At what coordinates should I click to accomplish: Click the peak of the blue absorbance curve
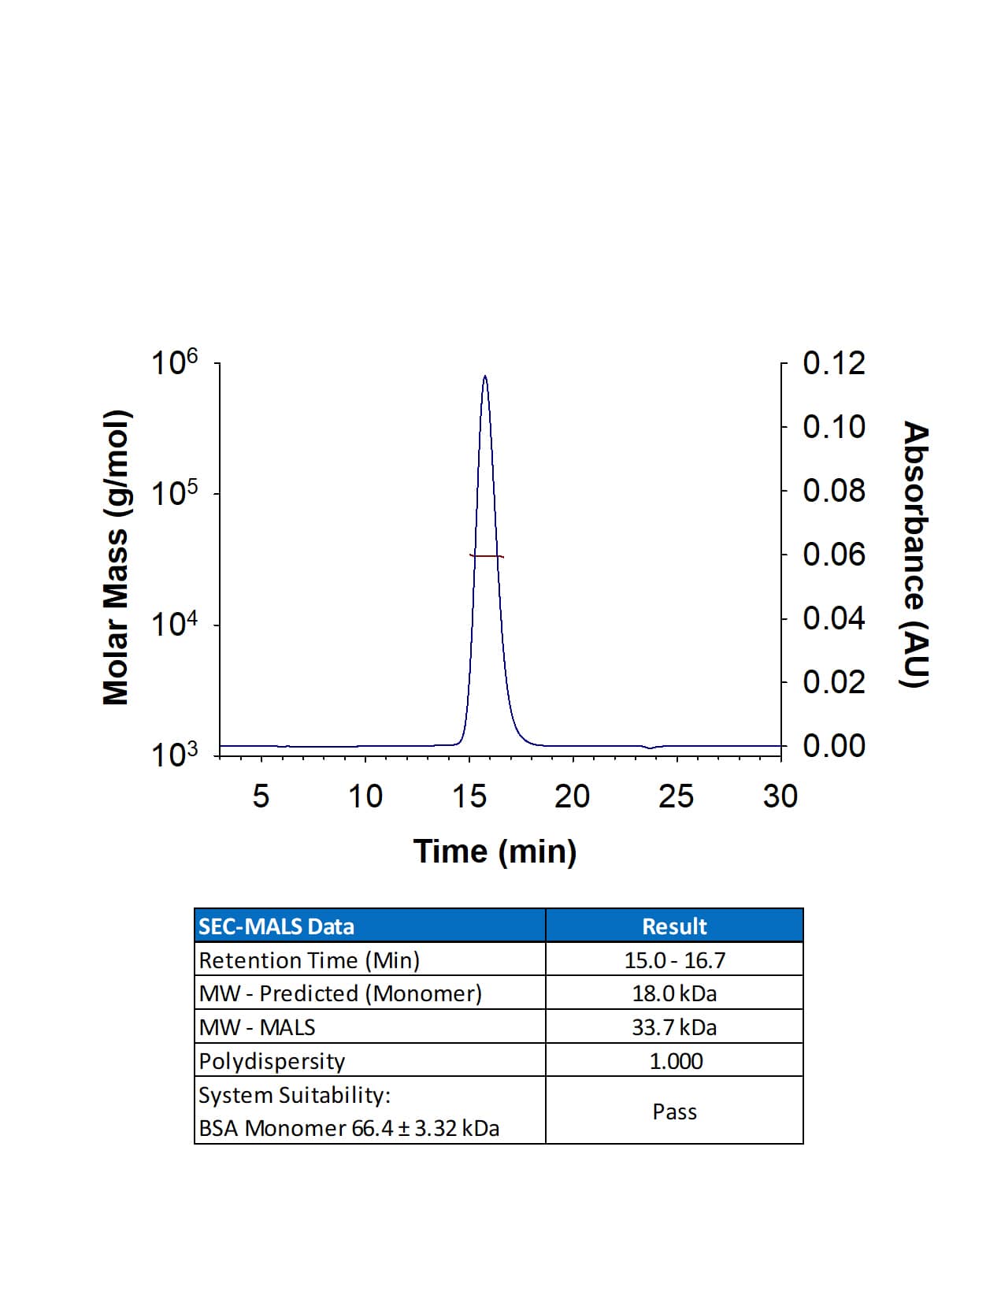click(x=484, y=377)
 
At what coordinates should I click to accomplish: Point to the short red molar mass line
click(x=486, y=556)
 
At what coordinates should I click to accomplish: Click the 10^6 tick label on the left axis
click(x=174, y=364)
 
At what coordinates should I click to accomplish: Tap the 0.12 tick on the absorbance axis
click(x=833, y=364)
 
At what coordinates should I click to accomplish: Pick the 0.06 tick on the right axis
click(x=833, y=555)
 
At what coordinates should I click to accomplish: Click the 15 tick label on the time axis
click(x=469, y=796)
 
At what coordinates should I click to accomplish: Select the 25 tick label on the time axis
click(x=676, y=796)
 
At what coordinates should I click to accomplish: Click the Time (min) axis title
click(x=495, y=852)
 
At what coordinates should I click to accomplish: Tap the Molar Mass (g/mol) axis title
click(x=116, y=557)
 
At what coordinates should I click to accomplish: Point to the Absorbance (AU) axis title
click(x=915, y=554)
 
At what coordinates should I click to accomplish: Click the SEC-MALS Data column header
click(x=276, y=926)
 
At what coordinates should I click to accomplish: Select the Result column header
click(x=674, y=926)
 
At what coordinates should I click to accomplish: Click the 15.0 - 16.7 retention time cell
click(x=674, y=960)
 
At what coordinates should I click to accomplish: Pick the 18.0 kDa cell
click(x=674, y=993)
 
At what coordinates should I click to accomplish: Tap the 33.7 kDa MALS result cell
click(x=674, y=1027)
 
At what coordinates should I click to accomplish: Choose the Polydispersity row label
click(x=272, y=1061)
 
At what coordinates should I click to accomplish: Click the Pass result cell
click(x=674, y=1112)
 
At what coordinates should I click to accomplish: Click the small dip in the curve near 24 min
click(x=650, y=748)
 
